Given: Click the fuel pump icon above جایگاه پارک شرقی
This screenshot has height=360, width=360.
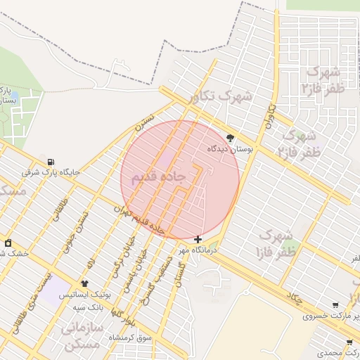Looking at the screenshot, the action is click(x=51, y=162).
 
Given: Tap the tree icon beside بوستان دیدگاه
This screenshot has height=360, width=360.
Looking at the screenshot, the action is click(x=231, y=138).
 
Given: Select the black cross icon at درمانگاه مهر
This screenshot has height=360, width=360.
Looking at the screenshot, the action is click(x=198, y=240).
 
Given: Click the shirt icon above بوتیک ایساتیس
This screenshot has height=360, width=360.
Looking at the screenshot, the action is click(x=84, y=283).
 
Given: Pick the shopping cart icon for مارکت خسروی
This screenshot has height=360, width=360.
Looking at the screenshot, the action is click(x=335, y=305).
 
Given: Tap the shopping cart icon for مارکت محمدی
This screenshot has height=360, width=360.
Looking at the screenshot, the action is click(x=349, y=342).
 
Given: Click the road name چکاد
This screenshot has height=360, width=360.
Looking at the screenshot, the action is click(x=294, y=298).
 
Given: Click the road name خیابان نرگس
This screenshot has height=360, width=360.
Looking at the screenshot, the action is click(x=116, y=262).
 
